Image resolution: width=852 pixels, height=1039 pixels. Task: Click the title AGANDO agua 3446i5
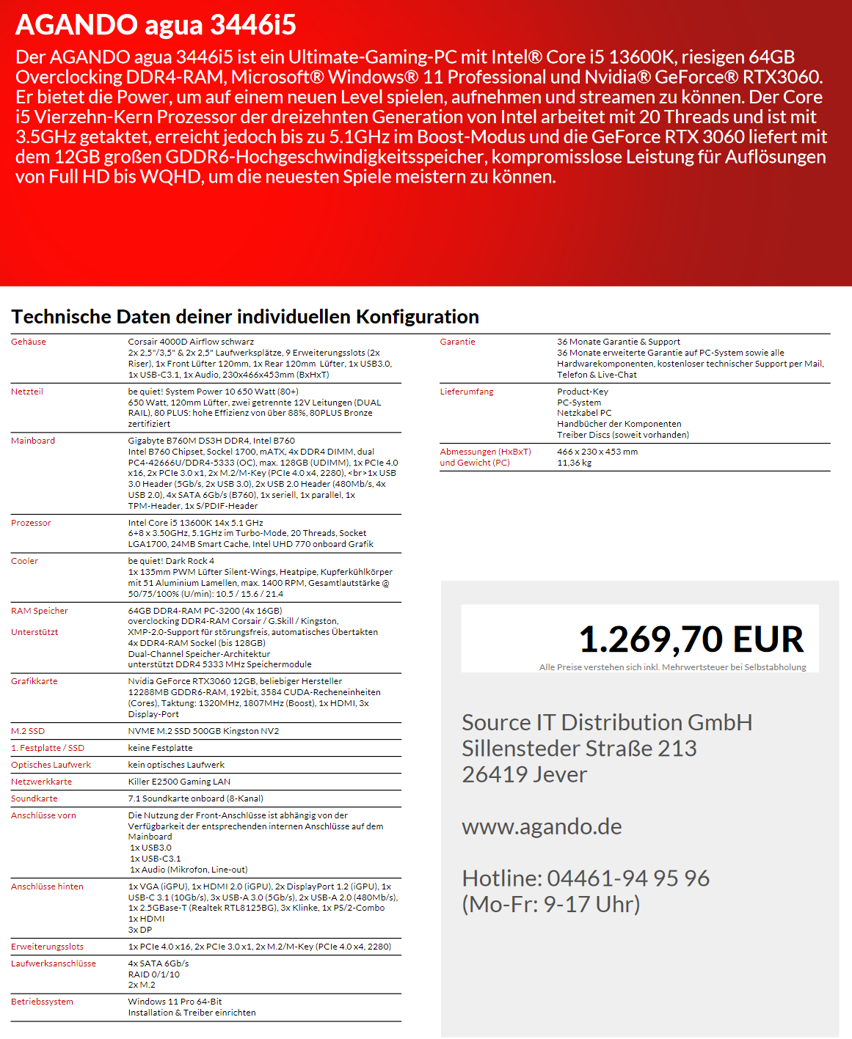[x=156, y=26]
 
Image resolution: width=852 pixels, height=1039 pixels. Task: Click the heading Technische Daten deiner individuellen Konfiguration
[x=245, y=317]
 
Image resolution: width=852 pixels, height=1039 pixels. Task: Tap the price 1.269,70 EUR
[x=691, y=639]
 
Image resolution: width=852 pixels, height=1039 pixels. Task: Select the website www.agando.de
[x=542, y=826]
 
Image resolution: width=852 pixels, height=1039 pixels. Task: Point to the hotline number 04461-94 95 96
[x=628, y=878]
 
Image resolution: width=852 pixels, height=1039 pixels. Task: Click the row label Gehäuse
[x=29, y=342]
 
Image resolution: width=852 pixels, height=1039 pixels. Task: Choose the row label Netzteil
[x=27, y=392]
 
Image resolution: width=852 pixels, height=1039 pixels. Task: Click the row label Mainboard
[x=33, y=441]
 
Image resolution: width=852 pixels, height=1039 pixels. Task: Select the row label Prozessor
[x=31, y=523]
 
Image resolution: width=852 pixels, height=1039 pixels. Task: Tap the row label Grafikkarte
[x=34, y=681]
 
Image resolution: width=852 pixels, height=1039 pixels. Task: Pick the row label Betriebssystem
[x=42, y=1002]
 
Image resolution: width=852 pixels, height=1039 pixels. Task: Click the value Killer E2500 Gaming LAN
[x=179, y=782]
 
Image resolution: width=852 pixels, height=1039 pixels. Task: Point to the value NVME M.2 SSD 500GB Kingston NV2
[x=203, y=731]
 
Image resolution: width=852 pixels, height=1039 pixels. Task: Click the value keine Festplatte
[x=160, y=748]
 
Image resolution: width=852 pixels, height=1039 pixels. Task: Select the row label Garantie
[x=457, y=342]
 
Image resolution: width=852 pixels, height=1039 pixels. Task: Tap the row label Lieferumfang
[x=467, y=392]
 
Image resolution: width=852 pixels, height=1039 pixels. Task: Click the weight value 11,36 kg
[x=574, y=463]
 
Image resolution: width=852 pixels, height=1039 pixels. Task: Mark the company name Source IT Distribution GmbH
[x=607, y=722]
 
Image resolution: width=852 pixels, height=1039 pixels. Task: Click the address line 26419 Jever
[x=524, y=774]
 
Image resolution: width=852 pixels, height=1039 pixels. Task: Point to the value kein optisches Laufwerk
[x=176, y=765]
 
